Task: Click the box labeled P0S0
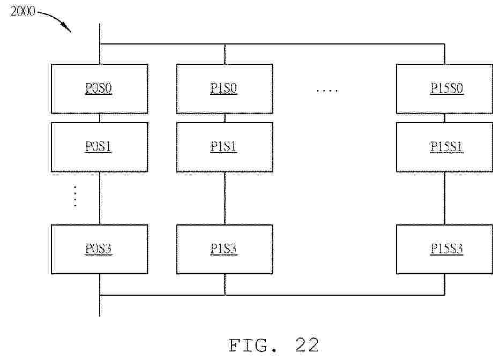point(100,88)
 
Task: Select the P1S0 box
point(225,88)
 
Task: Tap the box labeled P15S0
point(444,88)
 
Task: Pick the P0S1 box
point(100,147)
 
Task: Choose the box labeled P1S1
point(225,147)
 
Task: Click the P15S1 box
point(444,147)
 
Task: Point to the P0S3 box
point(100,249)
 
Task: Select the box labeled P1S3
point(225,249)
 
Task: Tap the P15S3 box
point(444,249)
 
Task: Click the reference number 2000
point(23,11)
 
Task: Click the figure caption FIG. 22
point(274,345)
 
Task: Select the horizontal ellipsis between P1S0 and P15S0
point(327,91)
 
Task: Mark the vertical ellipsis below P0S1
point(75,196)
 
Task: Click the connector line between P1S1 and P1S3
point(225,198)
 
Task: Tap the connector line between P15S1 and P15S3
point(444,198)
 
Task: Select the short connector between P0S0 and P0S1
point(100,118)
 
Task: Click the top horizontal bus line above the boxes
point(272,44)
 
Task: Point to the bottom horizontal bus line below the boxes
point(272,295)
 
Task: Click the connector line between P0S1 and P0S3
point(100,198)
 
